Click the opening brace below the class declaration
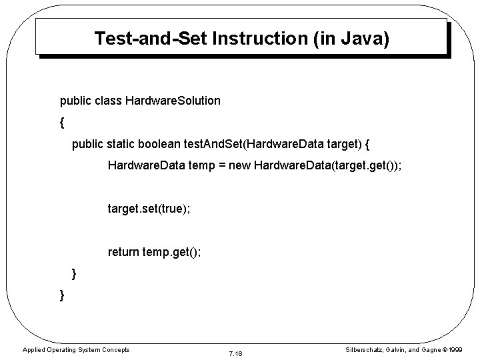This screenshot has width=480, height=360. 62,123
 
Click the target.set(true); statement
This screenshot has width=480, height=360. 149,209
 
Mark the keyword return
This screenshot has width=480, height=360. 124,251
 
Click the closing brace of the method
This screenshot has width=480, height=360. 74,273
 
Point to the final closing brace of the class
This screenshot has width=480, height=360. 62,294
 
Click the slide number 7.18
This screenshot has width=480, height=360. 235,352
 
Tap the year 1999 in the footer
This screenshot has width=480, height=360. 455,350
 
